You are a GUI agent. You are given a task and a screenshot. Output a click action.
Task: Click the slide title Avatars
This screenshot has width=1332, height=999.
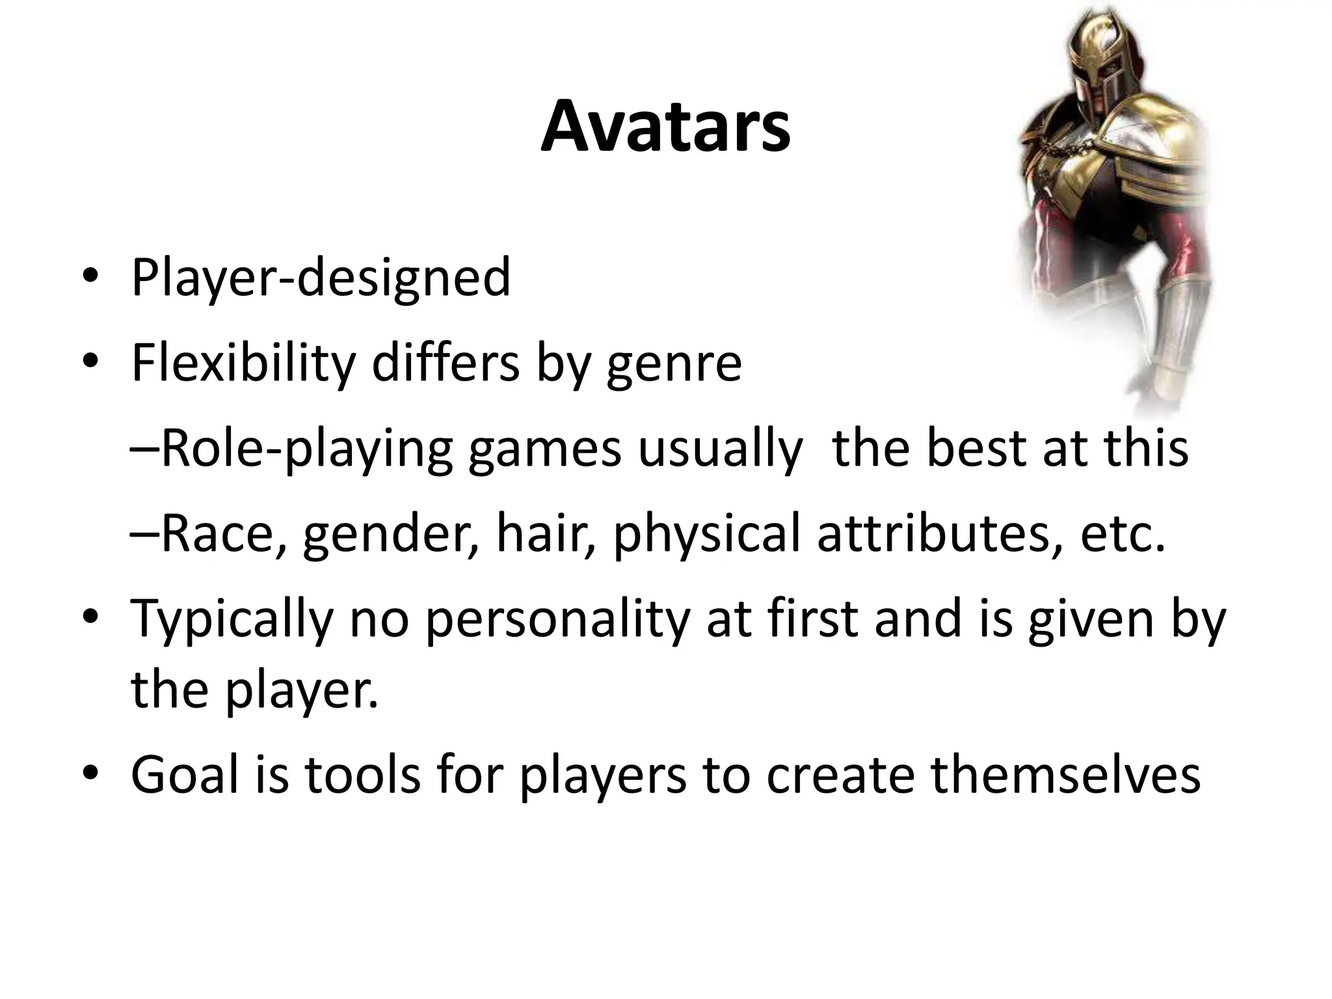(665, 127)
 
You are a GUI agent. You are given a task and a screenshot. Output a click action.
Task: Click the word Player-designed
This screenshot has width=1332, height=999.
(321, 278)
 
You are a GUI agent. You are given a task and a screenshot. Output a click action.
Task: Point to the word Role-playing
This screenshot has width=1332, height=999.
(306, 450)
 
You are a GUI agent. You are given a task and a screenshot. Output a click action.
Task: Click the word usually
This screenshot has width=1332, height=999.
(719, 450)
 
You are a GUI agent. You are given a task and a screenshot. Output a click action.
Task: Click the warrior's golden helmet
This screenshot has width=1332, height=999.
(1106, 59)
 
